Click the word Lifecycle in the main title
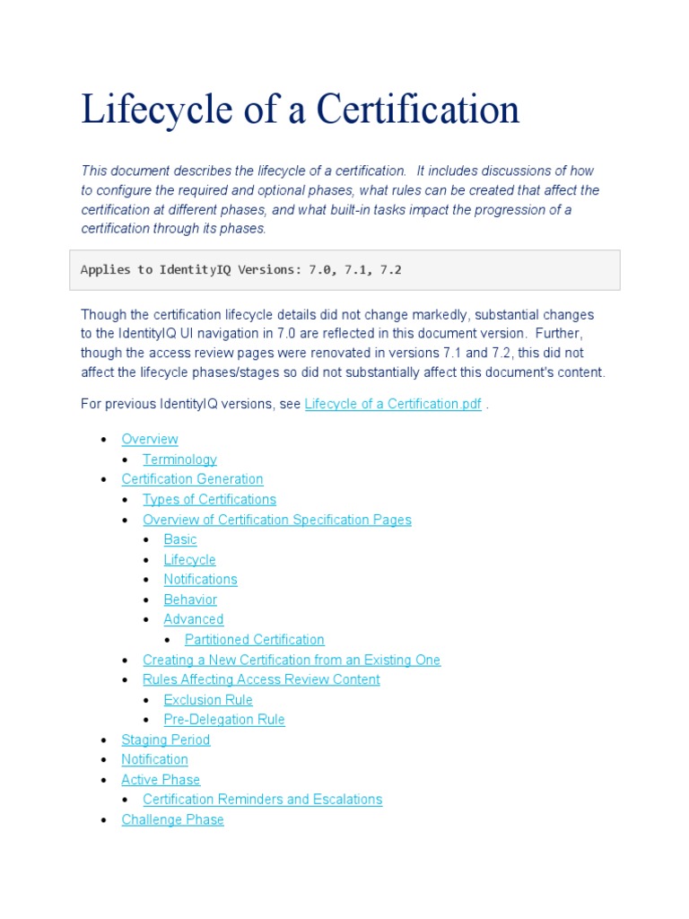click(160, 110)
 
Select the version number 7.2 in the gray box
click(391, 269)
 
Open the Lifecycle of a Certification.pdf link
click(393, 404)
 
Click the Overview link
click(150, 439)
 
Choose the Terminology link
click(179, 459)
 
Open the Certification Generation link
click(192, 479)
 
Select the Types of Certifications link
click(209, 499)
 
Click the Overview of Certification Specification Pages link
click(276, 520)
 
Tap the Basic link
click(180, 539)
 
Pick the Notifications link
click(200, 579)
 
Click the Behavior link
click(190, 600)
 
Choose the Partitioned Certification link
click(254, 639)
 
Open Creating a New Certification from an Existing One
click(292, 660)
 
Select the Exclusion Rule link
click(208, 700)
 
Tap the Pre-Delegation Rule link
click(224, 720)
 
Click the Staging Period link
click(166, 740)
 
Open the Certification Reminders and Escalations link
click(262, 799)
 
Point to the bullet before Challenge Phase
click(104, 820)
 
